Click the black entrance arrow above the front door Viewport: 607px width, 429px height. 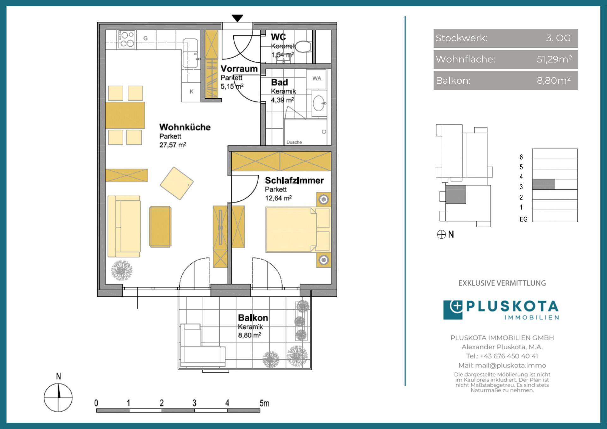coord(237,18)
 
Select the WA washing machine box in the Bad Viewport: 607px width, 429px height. coord(316,79)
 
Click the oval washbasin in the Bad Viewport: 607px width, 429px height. coord(319,103)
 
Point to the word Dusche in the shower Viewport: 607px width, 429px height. coord(294,142)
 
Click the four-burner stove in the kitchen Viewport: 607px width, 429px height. coord(127,40)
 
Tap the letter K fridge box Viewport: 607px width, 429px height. coord(191,92)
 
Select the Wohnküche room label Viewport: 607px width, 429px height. coord(185,127)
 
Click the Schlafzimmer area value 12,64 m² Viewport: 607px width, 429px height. coord(278,198)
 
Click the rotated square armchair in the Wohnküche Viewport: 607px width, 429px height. coord(177,183)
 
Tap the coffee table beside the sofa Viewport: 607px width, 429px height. coord(160,227)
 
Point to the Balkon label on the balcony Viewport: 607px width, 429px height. coord(253,318)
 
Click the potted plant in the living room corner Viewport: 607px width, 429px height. coord(121,270)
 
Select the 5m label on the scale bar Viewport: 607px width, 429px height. coord(264,403)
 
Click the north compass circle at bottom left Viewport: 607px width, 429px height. coord(58,397)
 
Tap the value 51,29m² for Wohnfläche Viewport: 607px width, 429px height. coord(555,59)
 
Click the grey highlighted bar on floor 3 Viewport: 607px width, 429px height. coord(544,184)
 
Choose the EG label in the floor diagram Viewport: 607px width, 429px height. coord(524,219)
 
